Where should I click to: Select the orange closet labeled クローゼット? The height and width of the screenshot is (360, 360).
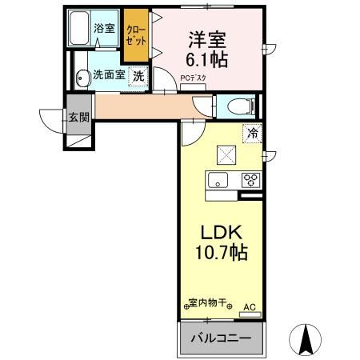[135, 37]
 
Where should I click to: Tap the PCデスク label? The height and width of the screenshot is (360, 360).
[193, 78]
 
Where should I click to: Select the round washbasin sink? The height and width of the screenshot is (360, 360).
[82, 78]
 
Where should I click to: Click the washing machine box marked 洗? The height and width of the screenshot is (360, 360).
[138, 77]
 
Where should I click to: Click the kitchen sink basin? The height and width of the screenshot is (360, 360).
[218, 180]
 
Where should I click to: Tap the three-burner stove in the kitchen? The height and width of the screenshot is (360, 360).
[251, 179]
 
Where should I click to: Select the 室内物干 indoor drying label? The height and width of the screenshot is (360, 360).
[206, 304]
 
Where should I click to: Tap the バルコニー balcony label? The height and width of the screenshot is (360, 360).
[220, 338]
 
